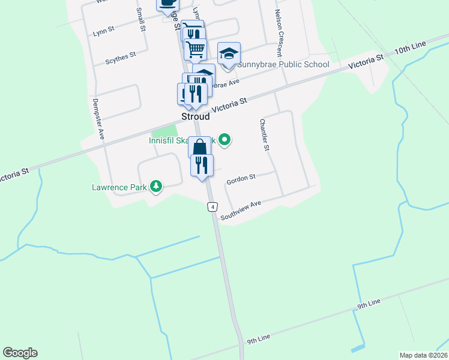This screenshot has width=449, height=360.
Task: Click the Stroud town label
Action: tap(196, 117)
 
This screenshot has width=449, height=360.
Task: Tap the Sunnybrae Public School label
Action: tap(283, 65)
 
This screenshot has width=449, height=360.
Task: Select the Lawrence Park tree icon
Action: tap(156, 187)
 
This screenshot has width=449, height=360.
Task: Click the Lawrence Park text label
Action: tap(119, 187)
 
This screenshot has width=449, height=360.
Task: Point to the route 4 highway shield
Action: tap(212, 207)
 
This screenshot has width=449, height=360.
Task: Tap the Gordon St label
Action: tap(241, 178)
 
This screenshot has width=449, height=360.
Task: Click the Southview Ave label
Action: tap(241, 211)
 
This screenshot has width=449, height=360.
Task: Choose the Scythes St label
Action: tap(121, 57)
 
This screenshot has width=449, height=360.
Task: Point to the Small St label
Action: tap(141, 19)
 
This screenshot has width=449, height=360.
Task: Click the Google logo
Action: tap(20, 353)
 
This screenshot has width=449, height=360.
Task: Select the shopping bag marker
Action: tap(200, 147)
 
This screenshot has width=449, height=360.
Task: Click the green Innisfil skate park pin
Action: tap(225, 140)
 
